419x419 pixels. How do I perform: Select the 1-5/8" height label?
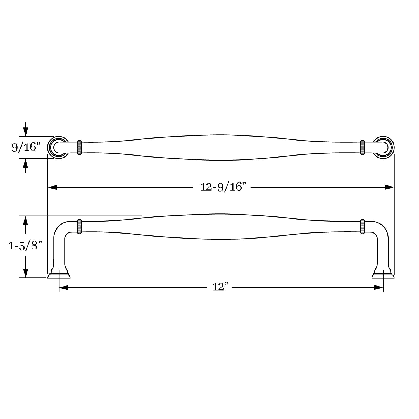click(25, 246)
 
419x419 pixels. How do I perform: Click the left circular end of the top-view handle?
click(50, 147)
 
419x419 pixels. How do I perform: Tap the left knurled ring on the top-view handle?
click(79, 147)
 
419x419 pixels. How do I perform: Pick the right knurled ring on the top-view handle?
click(363, 147)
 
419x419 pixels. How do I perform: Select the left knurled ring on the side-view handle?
click(79, 226)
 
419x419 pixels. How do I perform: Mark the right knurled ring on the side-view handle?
click(363, 226)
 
